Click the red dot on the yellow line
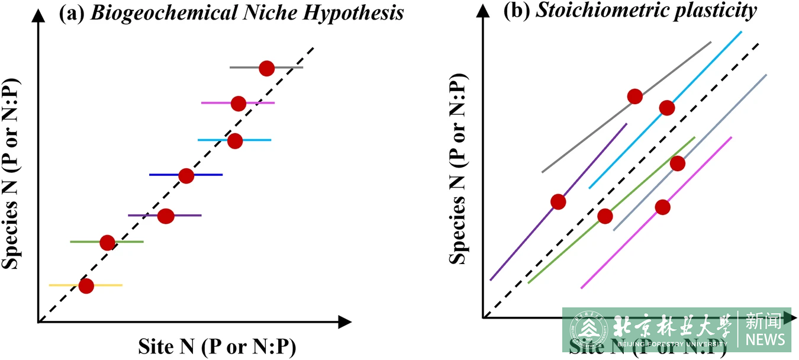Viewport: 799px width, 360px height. click(86, 286)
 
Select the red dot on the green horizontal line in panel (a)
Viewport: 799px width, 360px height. click(107, 243)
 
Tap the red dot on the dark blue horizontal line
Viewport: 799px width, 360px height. click(186, 176)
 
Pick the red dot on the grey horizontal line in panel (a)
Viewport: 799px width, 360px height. click(266, 68)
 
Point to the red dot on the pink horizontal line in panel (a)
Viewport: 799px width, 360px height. click(238, 104)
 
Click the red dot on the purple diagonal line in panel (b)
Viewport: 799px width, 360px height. click(558, 202)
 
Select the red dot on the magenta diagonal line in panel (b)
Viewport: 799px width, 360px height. click(662, 207)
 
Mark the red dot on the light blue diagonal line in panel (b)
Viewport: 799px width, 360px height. click(666, 108)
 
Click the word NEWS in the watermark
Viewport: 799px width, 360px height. click(765, 339)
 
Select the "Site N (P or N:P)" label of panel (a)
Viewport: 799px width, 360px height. click(217, 346)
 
